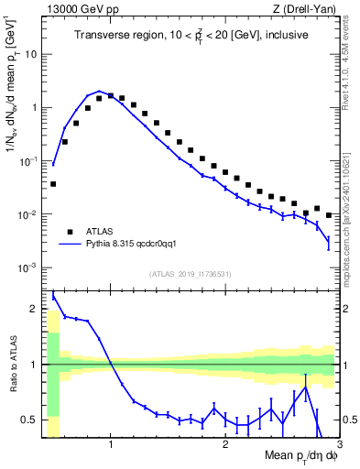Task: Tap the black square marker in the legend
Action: click(x=70, y=232)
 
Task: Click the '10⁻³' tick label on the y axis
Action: click(x=28, y=268)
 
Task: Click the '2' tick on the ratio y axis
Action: click(x=35, y=309)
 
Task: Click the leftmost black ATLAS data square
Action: click(x=53, y=184)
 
